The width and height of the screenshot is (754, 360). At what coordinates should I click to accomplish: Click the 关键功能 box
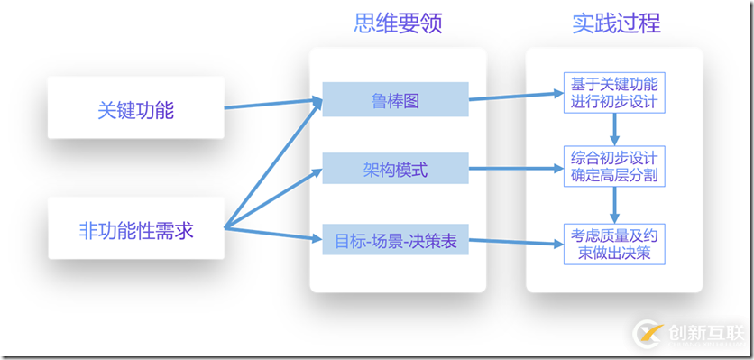135,110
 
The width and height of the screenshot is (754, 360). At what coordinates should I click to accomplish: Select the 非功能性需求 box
135,231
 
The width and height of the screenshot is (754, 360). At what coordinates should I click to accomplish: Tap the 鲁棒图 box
395,99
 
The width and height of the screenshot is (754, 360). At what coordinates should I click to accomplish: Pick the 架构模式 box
395,169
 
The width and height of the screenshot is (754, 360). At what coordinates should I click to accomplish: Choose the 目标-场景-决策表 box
395,241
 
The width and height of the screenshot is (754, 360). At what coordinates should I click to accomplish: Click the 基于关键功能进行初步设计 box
614,92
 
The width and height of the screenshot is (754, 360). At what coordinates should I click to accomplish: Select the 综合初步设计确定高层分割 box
614,166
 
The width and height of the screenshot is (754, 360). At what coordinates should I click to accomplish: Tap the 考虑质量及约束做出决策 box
614,244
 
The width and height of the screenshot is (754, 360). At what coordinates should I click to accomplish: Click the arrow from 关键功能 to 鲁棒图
271,105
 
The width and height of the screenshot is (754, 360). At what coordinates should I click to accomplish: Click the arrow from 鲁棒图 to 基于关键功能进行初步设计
514,96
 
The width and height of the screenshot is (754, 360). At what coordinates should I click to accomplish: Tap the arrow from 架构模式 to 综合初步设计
514,168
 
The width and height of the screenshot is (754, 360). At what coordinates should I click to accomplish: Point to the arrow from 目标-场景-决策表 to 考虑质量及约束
514,242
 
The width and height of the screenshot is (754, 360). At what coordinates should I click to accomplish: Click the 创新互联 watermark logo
689,333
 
